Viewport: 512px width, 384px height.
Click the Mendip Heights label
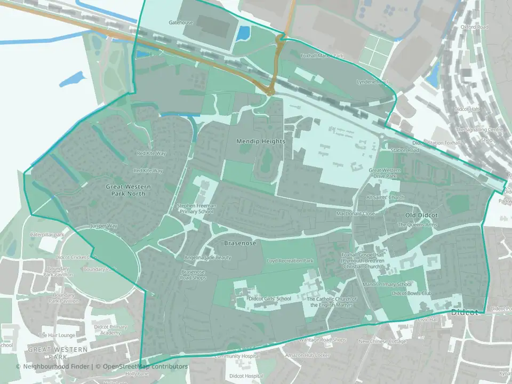[x=261, y=141]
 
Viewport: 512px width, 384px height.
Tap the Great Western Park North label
[x=128, y=190]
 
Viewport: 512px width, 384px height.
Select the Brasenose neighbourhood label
[x=239, y=243]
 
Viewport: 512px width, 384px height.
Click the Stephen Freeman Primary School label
[x=197, y=209]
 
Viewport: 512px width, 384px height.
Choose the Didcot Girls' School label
[x=270, y=299]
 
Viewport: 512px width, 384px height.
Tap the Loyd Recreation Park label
[x=290, y=261]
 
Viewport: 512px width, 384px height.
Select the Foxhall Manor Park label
[x=323, y=55]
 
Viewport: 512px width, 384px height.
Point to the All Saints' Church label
[x=385, y=197]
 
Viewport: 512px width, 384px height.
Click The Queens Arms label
[x=418, y=225]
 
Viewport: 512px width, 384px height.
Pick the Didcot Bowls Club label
[x=411, y=293]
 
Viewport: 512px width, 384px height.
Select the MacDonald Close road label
[x=356, y=213]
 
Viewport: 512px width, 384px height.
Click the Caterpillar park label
[x=47, y=235]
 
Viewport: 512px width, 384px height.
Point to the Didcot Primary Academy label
[x=110, y=329]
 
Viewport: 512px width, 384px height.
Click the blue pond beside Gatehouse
[x=243, y=33]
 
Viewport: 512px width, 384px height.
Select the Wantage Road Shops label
[x=322, y=340]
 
